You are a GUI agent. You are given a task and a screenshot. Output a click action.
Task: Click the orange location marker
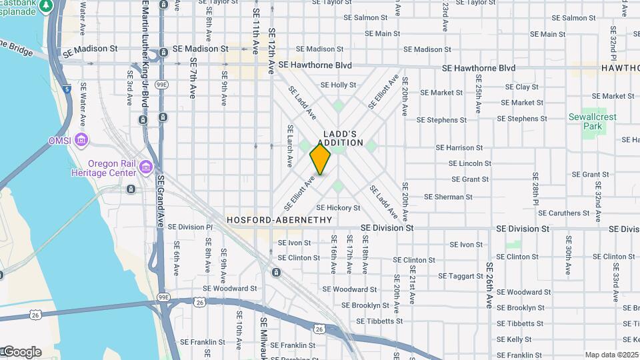[x=321, y=159]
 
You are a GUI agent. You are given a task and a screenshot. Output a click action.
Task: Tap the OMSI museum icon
[x=81, y=141]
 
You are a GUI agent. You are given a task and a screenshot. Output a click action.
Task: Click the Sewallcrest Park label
[x=593, y=121]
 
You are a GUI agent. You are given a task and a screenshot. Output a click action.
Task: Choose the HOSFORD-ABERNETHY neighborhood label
[x=279, y=219]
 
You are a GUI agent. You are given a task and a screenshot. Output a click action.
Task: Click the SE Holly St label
[x=339, y=85]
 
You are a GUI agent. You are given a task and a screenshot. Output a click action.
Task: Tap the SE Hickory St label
[x=338, y=208]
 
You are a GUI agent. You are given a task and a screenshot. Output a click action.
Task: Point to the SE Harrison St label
[x=459, y=147]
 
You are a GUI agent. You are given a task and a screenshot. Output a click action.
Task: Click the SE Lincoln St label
[x=470, y=163]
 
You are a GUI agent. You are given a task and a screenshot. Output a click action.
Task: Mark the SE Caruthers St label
[x=561, y=213]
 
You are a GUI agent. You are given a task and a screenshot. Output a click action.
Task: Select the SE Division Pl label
[x=190, y=227]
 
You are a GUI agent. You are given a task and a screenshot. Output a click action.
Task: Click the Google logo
[x=21, y=352]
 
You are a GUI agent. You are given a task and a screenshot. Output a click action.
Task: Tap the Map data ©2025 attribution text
[x=611, y=355]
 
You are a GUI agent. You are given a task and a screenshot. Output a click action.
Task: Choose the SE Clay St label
[x=522, y=87]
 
